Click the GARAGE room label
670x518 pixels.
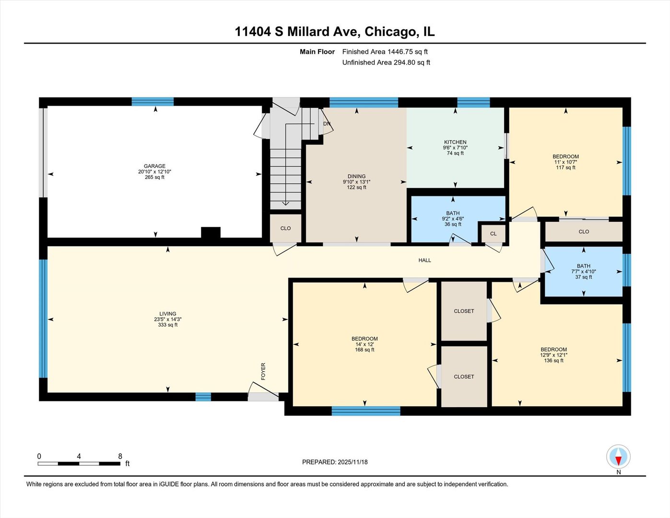tap(154, 166)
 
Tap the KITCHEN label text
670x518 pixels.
tap(455, 142)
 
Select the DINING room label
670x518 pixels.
tap(356, 177)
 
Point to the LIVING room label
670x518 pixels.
tap(168, 314)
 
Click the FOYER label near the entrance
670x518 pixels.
tap(263, 371)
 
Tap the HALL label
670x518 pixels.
tap(424, 260)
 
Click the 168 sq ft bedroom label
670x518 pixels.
tap(364, 339)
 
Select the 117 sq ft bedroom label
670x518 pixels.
tap(565, 157)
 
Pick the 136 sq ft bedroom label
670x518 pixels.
tap(553, 350)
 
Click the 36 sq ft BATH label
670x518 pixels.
tap(453, 213)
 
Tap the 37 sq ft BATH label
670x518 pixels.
tap(583, 266)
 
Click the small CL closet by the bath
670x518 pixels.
tap(493, 234)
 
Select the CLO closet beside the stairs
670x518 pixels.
tap(285, 228)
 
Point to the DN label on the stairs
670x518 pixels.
tap(327, 124)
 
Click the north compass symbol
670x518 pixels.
tap(618, 457)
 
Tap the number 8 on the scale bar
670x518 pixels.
tap(120, 456)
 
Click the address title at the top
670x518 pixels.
tap(334, 32)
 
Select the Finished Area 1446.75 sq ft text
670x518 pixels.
tap(385, 52)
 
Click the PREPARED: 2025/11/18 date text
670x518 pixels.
tap(335, 462)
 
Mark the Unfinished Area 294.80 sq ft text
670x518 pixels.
tap(386, 62)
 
